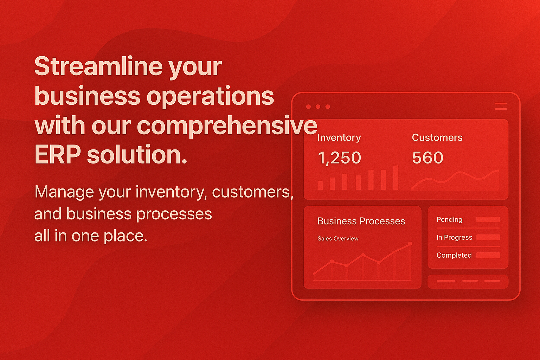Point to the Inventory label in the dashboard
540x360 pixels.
pyautogui.click(x=339, y=138)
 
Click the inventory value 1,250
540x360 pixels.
pyautogui.click(x=339, y=158)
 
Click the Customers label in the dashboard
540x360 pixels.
pyautogui.click(x=437, y=137)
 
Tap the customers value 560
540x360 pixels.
pyautogui.click(x=427, y=158)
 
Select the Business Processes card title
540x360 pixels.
pyautogui.click(x=361, y=221)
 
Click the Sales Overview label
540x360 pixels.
pyautogui.click(x=338, y=238)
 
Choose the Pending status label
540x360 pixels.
pyautogui.click(x=449, y=220)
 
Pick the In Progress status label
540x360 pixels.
pyautogui.click(x=454, y=238)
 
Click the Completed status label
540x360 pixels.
pyautogui.click(x=454, y=255)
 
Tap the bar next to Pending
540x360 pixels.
pyautogui.click(x=488, y=219)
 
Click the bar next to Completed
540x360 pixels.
pyautogui.click(x=488, y=255)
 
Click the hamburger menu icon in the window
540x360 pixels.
pyautogui.click(x=501, y=106)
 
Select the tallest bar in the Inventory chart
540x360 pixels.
pyautogui.click(x=396, y=178)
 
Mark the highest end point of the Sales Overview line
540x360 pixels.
pyautogui.click(x=410, y=244)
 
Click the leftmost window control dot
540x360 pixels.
pyautogui.click(x=308, y=107)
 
